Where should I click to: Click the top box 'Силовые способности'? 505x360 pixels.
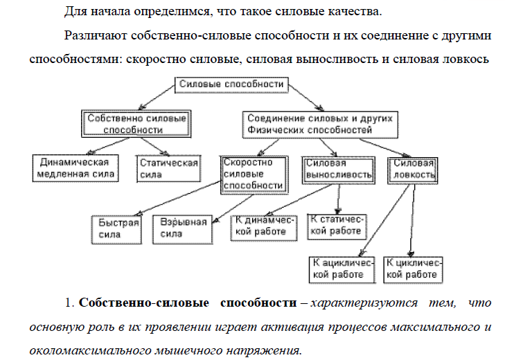231,84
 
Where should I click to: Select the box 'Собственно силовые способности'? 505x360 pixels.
136,124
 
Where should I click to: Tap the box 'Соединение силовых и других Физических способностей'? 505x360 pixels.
318,124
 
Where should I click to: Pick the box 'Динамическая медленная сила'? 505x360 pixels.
76,168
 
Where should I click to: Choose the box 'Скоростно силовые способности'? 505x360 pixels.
253,174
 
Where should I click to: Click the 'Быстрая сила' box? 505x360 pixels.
115,228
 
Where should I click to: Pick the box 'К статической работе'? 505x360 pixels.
336,226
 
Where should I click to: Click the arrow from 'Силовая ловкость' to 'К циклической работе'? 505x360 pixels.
412,222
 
